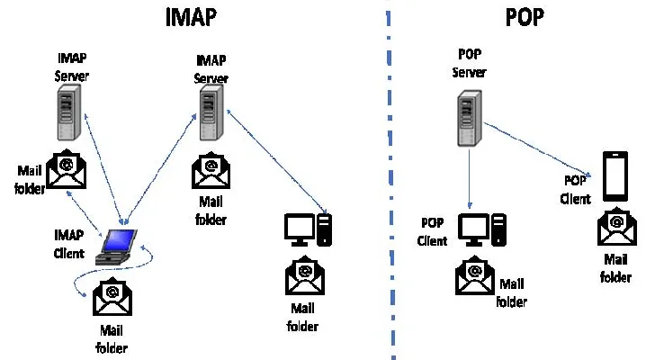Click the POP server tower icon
[x=466, y=121]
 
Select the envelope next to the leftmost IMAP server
[x=65, y=170]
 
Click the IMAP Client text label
[x=69, y=241]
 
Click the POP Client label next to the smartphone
[x=576, y=190]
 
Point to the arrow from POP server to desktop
[x=469, y=180]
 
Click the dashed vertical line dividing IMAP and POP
[x=390, y=180]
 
